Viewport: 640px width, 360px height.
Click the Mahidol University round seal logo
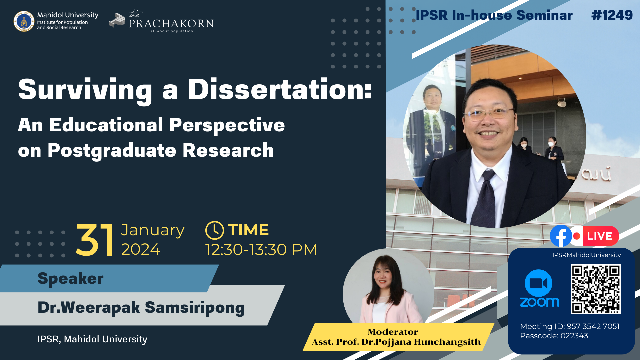point(24,21)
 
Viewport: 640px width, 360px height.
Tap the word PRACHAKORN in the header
point(171,23)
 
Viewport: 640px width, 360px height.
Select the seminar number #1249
point(612,15)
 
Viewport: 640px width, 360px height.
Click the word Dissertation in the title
point(280,89)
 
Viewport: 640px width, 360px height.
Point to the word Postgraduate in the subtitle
point(112,150)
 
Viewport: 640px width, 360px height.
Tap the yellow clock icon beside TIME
point(214,230)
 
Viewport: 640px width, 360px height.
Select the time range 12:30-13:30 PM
point(261,250)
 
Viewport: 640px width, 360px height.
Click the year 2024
point(141,249)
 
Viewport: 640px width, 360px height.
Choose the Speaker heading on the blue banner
point(71,278)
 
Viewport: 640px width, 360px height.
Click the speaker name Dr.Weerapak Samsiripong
point(141,307)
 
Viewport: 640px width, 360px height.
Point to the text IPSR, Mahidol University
point(92,339)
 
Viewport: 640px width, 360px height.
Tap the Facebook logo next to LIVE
point(561,236)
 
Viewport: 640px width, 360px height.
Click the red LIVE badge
point(599,236)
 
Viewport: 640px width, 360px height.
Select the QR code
point(596,289)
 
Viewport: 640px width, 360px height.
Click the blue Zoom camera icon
point(538,283)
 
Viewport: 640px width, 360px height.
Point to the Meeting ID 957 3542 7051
point(570,326)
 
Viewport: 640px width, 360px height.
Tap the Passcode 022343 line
point(554,336)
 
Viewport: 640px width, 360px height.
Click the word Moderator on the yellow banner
point(393,332)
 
